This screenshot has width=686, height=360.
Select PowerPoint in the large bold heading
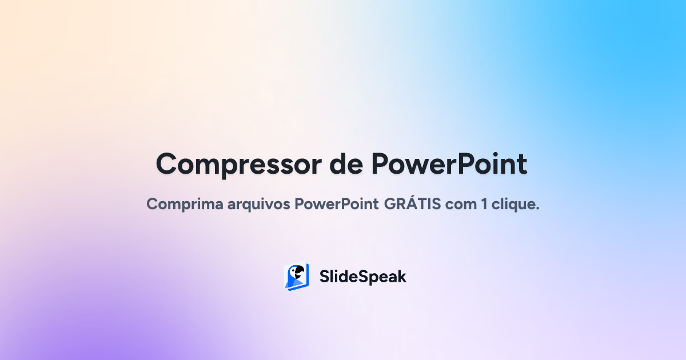pos(449,164)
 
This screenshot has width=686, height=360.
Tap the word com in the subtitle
pos(460,204)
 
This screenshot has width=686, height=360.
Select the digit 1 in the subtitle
pos(484,204)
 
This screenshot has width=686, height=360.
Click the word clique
pos(514,204)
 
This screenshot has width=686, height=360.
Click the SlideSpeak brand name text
pos(362,277)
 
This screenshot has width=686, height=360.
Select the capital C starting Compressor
pos(167,164)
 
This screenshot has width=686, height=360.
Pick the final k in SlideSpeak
pos(401,277)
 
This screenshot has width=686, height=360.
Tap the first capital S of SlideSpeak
pos(324,277)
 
